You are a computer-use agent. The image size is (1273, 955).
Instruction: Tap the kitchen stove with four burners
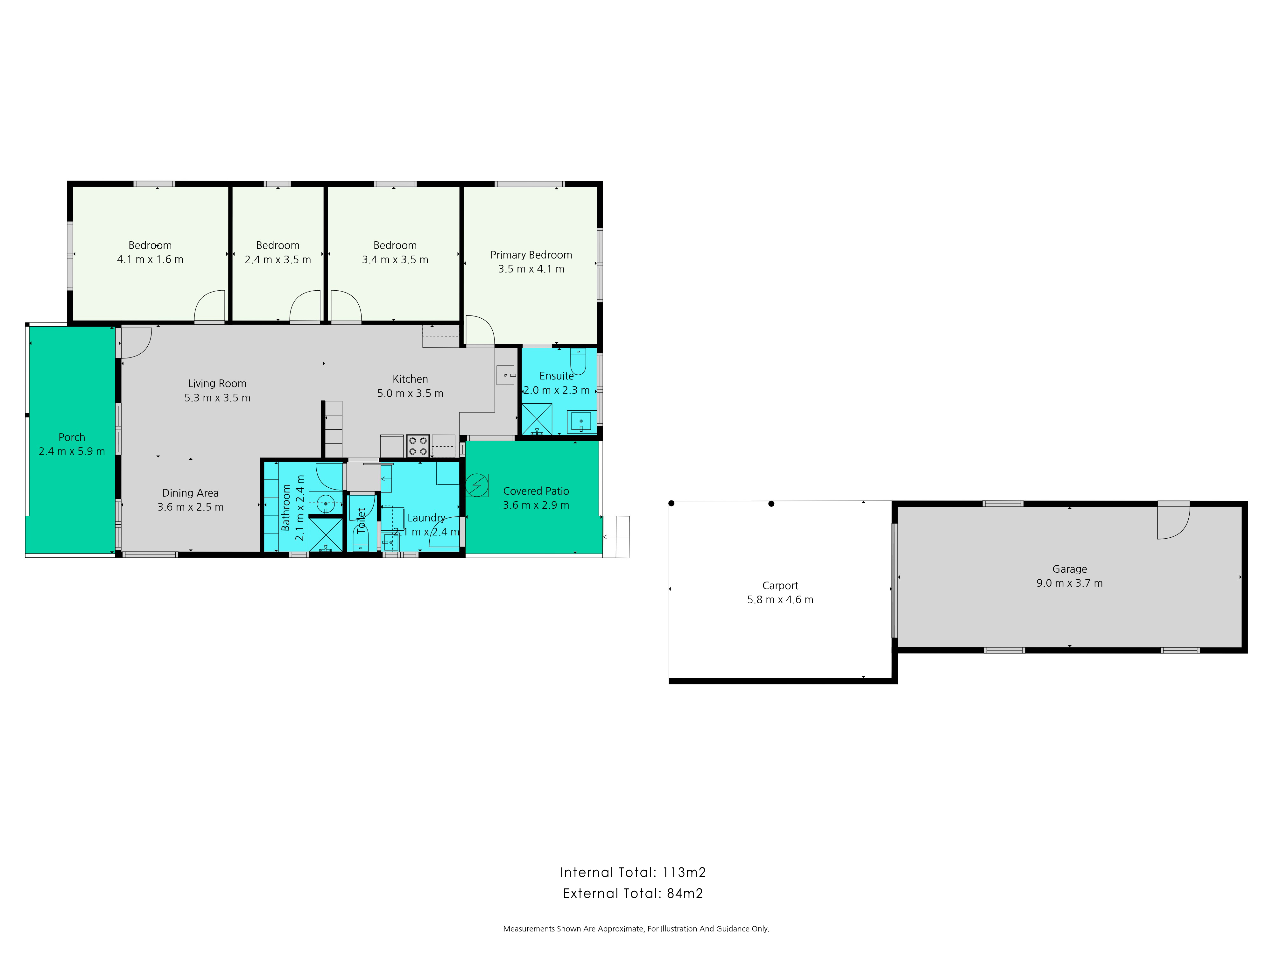tap(418, 446)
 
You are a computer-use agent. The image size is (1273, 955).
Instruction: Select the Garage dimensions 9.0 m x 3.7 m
tap(1069, 583)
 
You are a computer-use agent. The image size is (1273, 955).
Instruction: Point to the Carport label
tap(780, 585)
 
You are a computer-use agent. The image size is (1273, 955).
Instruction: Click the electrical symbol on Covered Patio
tap(476, 485)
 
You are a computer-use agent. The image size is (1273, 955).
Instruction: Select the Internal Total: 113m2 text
tap(632, 872)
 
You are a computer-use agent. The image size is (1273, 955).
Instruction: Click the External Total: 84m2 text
tap(632, 894)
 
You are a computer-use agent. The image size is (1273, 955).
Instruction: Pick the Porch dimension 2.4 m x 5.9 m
tap(72, 451)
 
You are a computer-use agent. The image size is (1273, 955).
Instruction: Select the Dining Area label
tap(191, 493)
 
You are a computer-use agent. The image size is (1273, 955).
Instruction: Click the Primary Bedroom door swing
tap(479, 330)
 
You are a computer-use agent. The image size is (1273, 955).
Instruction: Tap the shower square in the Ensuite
tap(536, 419)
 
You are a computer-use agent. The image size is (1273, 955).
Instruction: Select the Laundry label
tap(426, 518)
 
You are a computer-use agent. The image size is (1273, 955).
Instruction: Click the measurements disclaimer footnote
tap(636, 929)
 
